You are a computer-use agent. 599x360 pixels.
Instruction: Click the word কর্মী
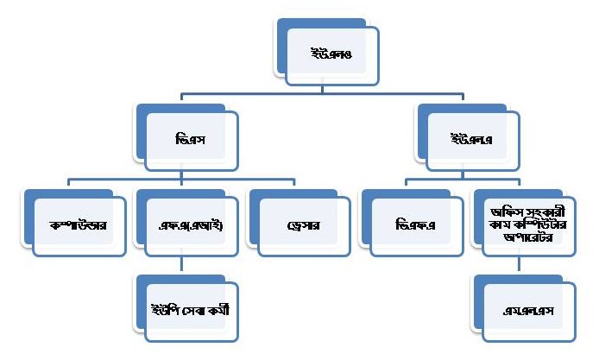coord(226,306)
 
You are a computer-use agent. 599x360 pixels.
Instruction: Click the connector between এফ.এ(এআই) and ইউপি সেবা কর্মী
coord(180,265)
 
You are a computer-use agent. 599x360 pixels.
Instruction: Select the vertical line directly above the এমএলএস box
coord(516,265)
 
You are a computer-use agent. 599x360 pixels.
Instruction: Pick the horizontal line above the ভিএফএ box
coord(432,180)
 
